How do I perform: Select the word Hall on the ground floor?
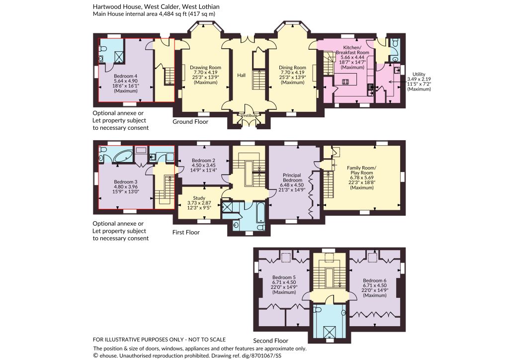(241, 75)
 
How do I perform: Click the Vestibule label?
(249, 115)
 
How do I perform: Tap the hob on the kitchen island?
(345, 82)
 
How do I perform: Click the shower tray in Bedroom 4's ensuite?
(119, 57)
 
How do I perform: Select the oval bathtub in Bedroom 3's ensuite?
(123, 156)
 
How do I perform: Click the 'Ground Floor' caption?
(190, 122)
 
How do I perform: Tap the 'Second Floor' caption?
(271, 341)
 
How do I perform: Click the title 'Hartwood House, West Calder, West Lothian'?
(156, 6)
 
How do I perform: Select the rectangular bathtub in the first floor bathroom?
(260, 213)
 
